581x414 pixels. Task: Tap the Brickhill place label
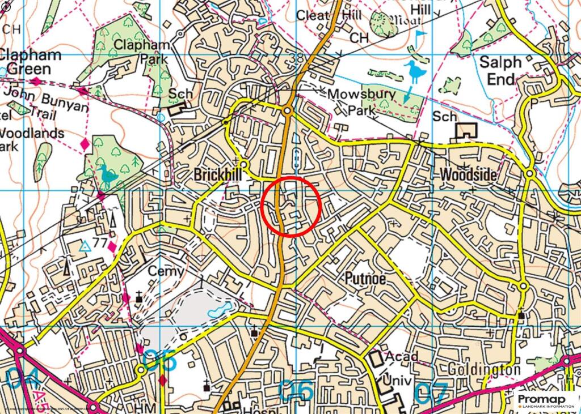tap(218, 176)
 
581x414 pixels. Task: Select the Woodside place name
tap(468, 176)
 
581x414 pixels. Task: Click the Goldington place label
tap(484, 369)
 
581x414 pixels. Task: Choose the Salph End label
tap(500, 71)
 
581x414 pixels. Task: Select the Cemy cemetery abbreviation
tap(166, 271)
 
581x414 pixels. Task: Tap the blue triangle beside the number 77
tap(85, 246)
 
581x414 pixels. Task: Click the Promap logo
tap(547, 400)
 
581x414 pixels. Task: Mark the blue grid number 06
tap(297, 391)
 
